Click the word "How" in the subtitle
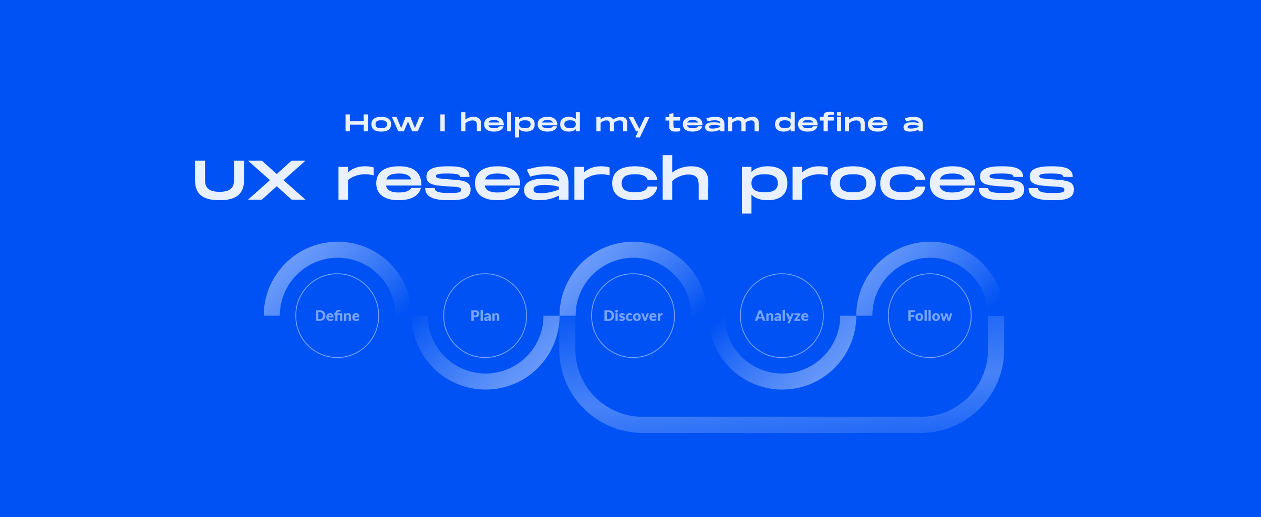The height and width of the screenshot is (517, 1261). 384,123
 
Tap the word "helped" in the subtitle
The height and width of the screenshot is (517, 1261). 520,123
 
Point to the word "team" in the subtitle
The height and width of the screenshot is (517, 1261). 712,123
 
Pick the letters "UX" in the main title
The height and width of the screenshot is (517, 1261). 250,180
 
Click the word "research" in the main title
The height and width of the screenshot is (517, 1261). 523,178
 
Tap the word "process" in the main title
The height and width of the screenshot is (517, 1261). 907,184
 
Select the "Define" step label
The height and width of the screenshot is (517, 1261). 337,316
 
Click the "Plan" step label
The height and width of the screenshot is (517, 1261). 485,316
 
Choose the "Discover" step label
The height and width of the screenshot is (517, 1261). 633,316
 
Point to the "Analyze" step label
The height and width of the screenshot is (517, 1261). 782,316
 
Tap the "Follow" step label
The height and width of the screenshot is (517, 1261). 929,316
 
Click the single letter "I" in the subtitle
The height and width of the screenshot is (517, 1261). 442,123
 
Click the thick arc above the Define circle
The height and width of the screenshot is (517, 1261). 338,250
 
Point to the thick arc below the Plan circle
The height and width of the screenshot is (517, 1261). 485,381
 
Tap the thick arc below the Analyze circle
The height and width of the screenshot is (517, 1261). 782,381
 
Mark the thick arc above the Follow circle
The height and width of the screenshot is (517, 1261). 930,250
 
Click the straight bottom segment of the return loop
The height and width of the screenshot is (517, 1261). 782,425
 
